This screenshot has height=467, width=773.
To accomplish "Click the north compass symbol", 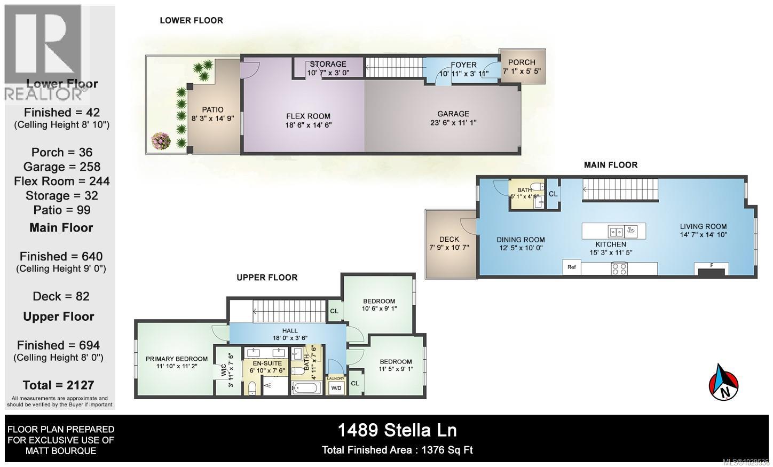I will (723, 382).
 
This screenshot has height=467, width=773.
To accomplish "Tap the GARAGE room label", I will (453, 114).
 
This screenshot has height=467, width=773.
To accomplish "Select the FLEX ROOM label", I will (308, 116).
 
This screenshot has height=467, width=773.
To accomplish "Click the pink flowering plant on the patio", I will (161, 140).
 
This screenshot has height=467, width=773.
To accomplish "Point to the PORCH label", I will (522, 62).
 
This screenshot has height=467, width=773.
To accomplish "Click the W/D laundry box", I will (336, 388).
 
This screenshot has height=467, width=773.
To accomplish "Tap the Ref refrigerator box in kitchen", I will (572, 267).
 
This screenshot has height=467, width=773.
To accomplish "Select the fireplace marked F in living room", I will (711, 270).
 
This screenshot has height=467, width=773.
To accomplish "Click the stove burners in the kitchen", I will (619, 268).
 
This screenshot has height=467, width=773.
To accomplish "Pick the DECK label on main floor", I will (449, 240).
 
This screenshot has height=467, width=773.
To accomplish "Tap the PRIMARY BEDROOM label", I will (177, 359).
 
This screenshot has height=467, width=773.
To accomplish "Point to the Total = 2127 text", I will (58, 385).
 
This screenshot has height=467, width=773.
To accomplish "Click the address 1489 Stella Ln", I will (397, 430).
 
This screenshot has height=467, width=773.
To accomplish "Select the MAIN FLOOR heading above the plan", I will (610, 165).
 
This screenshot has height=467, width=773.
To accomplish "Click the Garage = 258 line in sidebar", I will (61, 167).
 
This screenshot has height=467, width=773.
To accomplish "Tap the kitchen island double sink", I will (616, 232).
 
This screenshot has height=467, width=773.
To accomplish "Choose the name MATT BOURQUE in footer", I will (60, 451).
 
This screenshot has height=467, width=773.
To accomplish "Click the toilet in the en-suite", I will (252, 387).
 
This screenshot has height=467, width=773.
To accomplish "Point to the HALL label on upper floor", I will (290, 331).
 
